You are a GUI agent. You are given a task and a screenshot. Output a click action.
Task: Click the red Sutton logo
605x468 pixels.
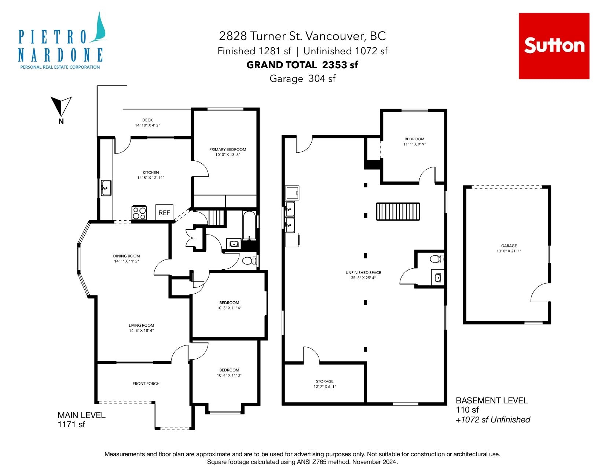pyautogui.click(x=554, y=46)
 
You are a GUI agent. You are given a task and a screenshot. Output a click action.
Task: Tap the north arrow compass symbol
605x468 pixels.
pyautogui.click(x=61, y=107)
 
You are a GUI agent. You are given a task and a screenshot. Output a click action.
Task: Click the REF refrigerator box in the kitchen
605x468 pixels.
pyautogui.click(x=164, y=213)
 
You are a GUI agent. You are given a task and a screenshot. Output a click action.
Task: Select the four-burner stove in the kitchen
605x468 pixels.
pyautogui.click(x=139, y=213)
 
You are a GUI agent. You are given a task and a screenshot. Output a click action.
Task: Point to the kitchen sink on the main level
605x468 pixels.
pyautogui.click(x=106, y=188)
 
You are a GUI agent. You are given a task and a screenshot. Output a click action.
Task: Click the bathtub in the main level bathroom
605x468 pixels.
pyautogui.click(x=249, y=226)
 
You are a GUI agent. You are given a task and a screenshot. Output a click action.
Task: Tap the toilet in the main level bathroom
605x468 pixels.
pyautogui.click(x=249, y=261)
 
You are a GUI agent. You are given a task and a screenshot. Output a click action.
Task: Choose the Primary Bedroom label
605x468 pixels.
pyautogui.click(x=228, y=149)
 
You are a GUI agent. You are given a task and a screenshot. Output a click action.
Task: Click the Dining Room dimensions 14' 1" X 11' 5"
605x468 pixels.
pyautogui.click(x=126, y=261)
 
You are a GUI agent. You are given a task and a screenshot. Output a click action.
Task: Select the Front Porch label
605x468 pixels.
pyautogui.click(x=146, y=384)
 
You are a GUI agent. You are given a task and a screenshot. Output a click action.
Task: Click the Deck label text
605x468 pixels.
pyautogui.click(x=147, y=120)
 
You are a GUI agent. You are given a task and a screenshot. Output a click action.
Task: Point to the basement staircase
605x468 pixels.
pyautogui.click(x=398, y=211)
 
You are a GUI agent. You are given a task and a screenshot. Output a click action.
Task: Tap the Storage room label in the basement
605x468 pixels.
pyautogui.click(x=324, y=381)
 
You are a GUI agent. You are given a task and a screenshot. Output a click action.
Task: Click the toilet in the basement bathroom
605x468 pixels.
pyautogui.click(x=436, y=259)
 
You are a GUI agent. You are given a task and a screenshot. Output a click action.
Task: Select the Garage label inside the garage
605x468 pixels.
pyautogui.click(x=509, y=246)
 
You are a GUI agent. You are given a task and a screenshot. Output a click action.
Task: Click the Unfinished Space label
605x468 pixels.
pyautogui.click(x=363, y=273)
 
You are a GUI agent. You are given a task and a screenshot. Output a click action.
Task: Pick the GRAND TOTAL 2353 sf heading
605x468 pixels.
pyautogui.click(x=302, y=65)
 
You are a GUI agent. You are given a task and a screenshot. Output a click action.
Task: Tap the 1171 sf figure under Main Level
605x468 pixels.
pyautogui.click(x=71, y=425)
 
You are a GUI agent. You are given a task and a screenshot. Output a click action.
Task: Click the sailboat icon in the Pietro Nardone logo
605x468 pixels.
pyautogui.click(x=99, y=27)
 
